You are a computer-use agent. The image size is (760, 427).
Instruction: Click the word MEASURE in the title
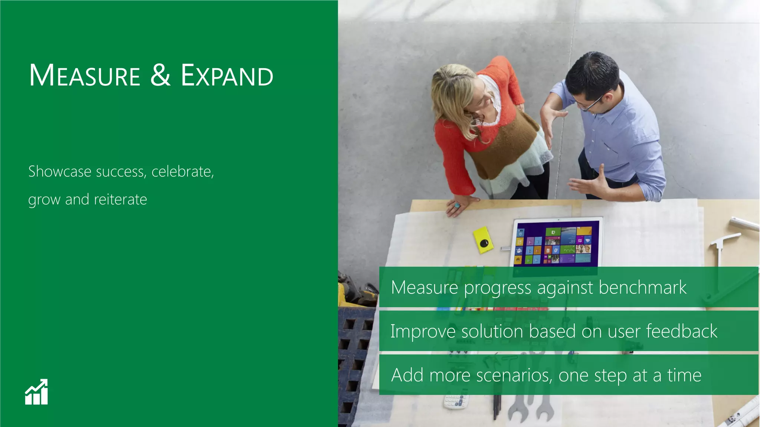click(85, 76)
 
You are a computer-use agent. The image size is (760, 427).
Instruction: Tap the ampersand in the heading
click(160, 75)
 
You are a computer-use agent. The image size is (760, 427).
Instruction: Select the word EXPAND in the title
click(227, 76)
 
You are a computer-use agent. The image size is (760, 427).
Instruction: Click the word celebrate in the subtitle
click(182, 172)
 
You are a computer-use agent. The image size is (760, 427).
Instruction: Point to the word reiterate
click(120, 200)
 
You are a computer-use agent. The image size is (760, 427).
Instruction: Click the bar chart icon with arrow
click(36, 392)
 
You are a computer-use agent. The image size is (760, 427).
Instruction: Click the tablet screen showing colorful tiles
click(556, 244)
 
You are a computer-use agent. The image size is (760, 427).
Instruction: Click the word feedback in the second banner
click(681, 331)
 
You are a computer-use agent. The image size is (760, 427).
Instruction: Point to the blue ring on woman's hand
click(457, 205)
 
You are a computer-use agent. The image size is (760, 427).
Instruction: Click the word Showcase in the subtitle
click(60, 172)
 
